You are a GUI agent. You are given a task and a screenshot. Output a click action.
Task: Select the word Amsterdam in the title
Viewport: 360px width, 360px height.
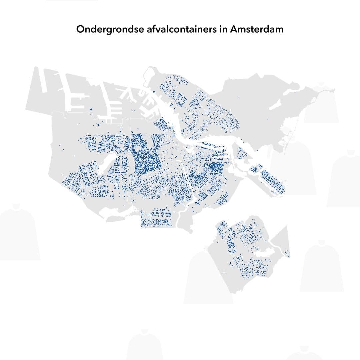coord(257,29)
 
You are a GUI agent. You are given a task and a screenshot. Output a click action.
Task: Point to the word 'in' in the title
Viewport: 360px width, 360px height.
coord(224,29)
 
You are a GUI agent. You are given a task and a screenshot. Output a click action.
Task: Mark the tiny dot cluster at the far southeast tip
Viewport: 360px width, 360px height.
coord(288,255)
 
